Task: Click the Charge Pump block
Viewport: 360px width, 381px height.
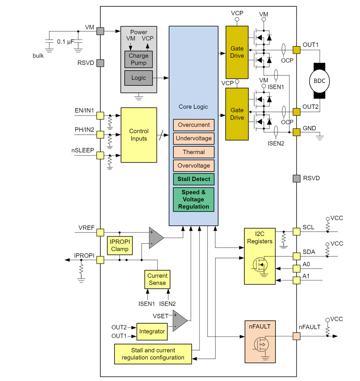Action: coord(139,59)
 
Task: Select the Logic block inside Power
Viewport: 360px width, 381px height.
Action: coord(139,78)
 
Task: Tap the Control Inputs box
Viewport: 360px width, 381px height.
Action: coord(139,135)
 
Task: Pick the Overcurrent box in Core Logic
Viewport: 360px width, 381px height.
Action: coord(194,125)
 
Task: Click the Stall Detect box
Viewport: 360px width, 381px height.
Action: coord(194,179)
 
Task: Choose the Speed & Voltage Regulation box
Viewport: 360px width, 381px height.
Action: coord(194,199)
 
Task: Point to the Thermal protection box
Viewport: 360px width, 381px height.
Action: coord(194,152)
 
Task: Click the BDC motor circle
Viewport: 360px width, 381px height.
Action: coord(319,81)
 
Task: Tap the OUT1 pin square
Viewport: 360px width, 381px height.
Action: coord(296,50)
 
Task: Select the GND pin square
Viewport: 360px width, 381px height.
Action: coord(296,132)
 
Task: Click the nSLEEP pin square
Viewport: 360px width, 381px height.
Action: coord(100,155)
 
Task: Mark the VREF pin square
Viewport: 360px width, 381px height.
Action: coord(100,232)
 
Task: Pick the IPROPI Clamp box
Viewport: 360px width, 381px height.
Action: coord(120,245)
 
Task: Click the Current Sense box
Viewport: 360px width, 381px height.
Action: coord(157,279)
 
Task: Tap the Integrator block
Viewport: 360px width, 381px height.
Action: coord(152,331)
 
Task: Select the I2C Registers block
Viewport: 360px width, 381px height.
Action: coord(260,256)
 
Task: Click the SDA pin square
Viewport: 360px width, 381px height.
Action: coord(296,256)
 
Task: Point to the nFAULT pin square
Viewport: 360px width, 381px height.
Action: coord(296,336)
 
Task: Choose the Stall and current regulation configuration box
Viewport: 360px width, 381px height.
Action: coord(153,354)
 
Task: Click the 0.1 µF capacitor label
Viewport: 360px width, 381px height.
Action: coord(65,42)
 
